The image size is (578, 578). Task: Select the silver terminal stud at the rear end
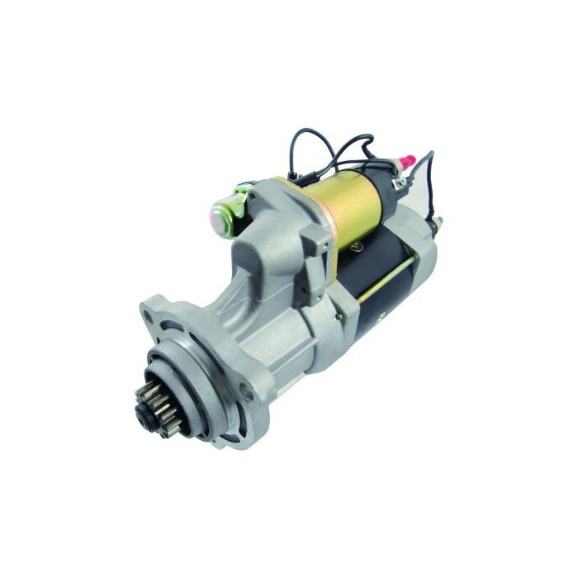(438, 222)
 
